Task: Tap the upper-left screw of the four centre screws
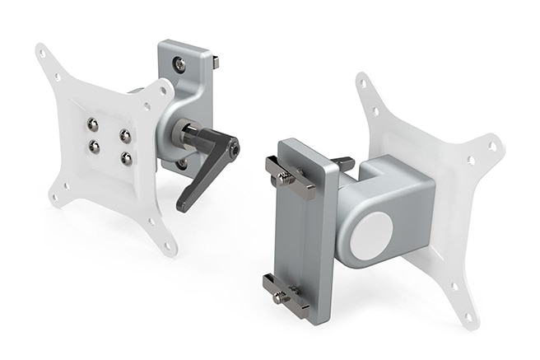pyautogui.click(x=94, y=124)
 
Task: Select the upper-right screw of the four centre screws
pyautogui.click(x=125, y=134)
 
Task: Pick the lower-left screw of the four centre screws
pyautogui.click(x=95, y=147)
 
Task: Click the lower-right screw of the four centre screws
pyautogui.click(x=125, y=158)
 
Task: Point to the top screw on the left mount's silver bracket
pyautogui.click(x=179, y=63)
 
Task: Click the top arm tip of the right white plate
pyautogui.click(x=362, y=82)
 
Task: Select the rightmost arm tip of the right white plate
pyautogui.click(x=494, y=146)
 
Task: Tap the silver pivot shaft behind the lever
pyautogui.click(x=188, y=133)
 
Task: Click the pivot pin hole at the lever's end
pyautogui.click(x=235, y=149)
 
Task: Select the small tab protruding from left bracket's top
pyautogui.click(x=216, y=62)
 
